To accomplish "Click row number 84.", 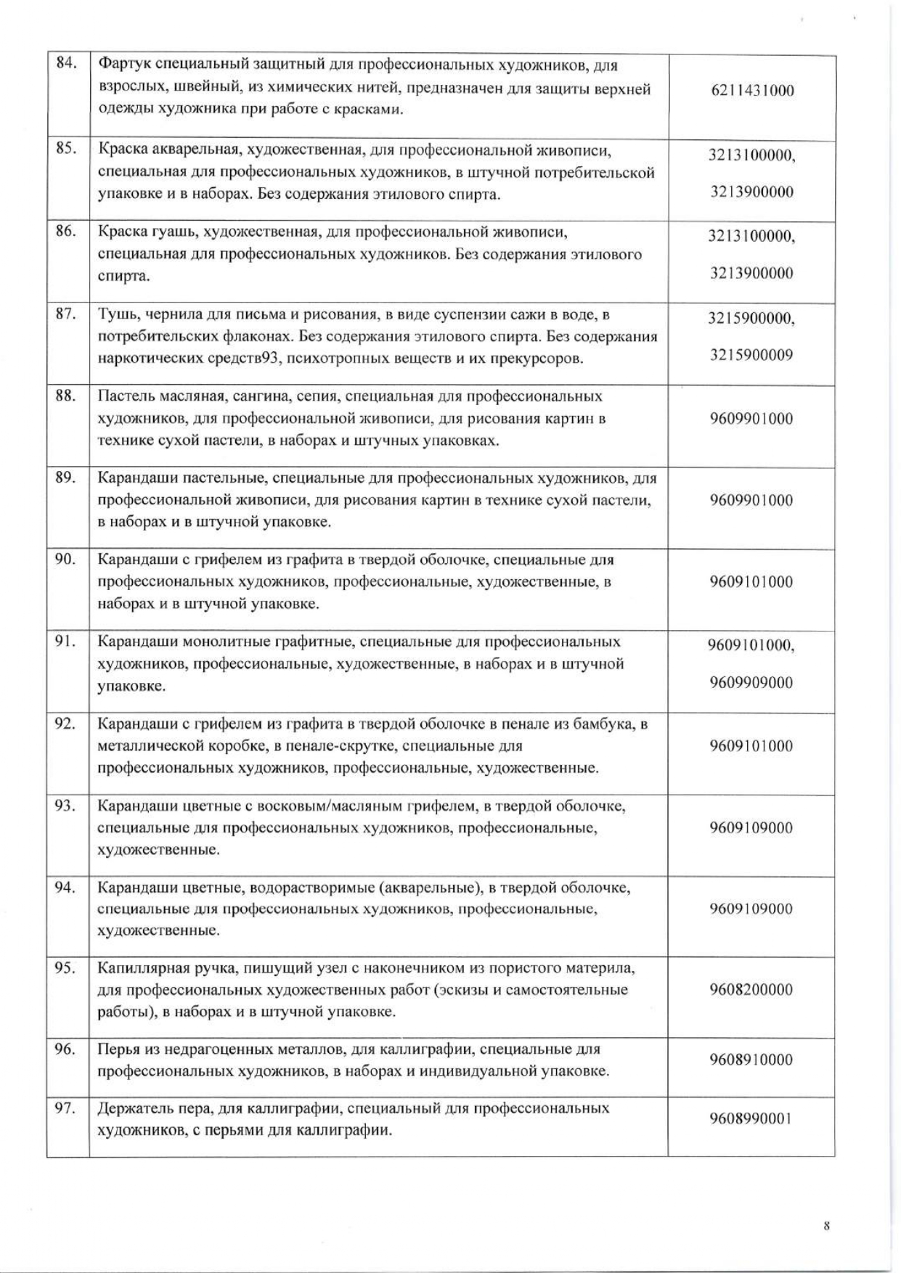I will tap(66, 63).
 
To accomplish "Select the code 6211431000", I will tap(751, 91).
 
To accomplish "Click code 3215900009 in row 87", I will tap(751, 355).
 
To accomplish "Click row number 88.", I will tap(66, 396).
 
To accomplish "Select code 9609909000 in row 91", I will tap(751, 682).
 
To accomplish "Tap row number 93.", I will tap(66, 805).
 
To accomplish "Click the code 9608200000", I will tap(751, 990).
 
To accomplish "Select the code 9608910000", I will tap(751, 1060).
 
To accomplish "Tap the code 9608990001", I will tap(751, 1118).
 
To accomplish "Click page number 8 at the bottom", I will tap(826, 1227).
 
